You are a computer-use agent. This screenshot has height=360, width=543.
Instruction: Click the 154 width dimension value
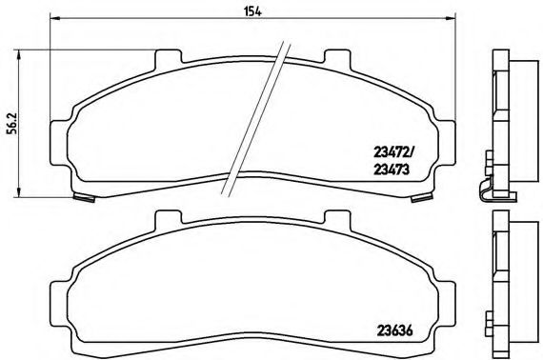[251, 10]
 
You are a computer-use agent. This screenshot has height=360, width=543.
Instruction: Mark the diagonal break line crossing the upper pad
[255, 118]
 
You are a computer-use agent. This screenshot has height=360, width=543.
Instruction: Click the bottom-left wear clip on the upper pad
[84, 198]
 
